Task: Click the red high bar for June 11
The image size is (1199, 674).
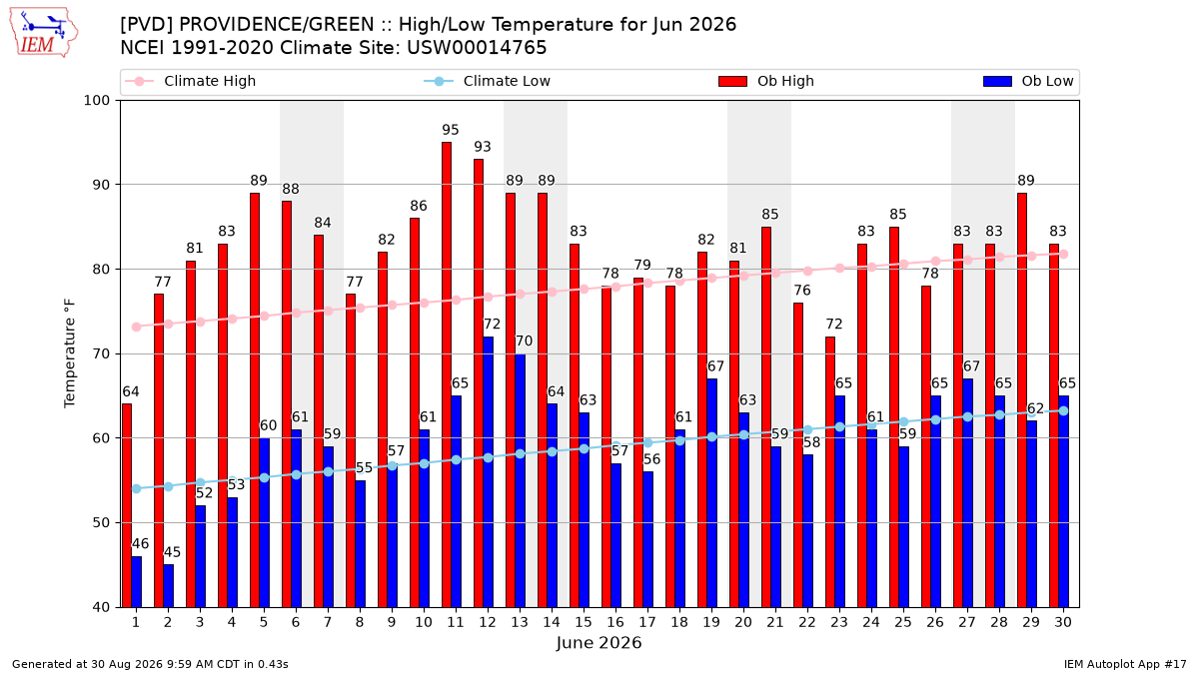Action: pos(447,374)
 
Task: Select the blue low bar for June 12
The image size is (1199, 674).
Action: pos(489,471)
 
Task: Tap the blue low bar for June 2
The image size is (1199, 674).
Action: pos(168,586)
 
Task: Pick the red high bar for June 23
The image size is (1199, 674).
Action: pos(830,471)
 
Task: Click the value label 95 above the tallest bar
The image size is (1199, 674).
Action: pos(451,130)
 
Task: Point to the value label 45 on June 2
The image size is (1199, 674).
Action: pos(172,552)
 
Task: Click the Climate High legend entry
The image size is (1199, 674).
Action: pos(190,81)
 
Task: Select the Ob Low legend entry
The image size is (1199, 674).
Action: pos(1028,81)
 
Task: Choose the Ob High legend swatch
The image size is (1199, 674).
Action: pos(732,81)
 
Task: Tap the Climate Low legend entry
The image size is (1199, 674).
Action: pos(488,81)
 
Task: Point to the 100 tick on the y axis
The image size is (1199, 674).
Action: pos(96,101)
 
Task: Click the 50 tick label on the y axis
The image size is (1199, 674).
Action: pos(101,522)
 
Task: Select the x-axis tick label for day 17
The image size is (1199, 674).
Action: pos(647,622)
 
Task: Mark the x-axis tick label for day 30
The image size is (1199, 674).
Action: pos(1063,622)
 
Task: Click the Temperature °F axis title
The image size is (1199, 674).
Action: pos(70,353)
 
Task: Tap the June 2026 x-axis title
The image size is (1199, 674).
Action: pos(599,642)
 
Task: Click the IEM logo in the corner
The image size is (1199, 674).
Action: pos(44,33)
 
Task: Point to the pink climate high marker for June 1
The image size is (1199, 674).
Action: pos(137,327)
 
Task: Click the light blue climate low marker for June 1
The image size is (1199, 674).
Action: pos(137,488)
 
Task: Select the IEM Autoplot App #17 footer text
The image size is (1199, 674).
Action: pos(1125,664)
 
